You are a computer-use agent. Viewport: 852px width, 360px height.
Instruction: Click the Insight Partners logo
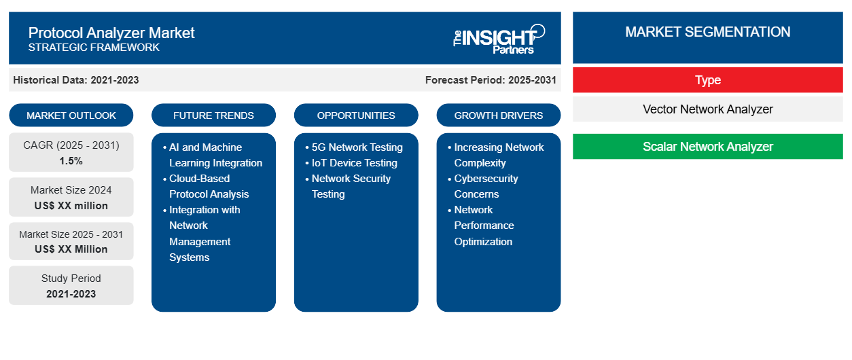tap(499, 39)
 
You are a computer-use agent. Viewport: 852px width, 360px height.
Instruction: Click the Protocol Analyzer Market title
tap(111, 33)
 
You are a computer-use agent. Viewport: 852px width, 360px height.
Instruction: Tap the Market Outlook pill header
tap(71, 115)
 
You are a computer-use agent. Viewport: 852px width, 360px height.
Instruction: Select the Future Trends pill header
tap(213, 115)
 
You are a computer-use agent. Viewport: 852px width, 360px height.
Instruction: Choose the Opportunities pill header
tap(356, 115)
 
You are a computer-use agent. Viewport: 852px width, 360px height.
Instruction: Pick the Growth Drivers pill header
tap(498, 115)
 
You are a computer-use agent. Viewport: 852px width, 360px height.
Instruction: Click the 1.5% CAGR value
tap(71, 161)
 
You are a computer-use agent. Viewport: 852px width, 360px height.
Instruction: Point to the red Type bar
tap(708, 80)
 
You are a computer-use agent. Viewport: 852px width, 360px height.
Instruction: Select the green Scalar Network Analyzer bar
tap(708, 146)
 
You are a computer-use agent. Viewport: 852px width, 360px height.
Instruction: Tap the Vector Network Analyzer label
tap(708, 109)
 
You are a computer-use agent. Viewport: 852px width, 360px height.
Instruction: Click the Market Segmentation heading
tap(708, 32)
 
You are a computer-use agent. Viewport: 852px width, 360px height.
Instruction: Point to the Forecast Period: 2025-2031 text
tap(491, 80)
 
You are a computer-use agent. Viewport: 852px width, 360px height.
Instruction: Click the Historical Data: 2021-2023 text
tap(76, 80)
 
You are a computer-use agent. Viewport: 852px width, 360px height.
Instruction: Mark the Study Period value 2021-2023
tap(71, 294)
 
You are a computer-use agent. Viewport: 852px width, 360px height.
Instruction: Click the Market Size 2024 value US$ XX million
tap(71, 206)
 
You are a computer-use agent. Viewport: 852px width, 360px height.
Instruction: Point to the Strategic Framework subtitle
tap(94, 48)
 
